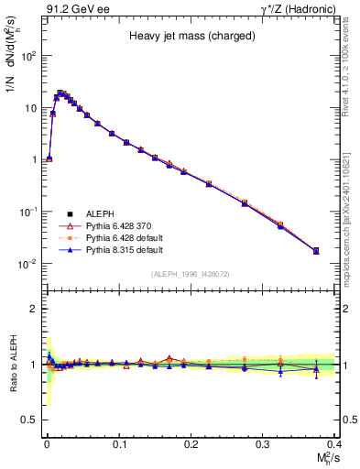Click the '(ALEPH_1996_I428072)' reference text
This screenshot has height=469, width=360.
tap(190, 274)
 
